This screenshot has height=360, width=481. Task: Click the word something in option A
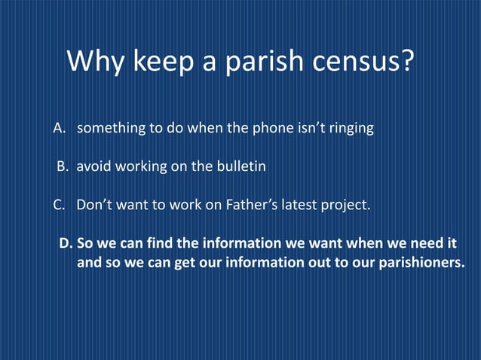coord(112,128)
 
